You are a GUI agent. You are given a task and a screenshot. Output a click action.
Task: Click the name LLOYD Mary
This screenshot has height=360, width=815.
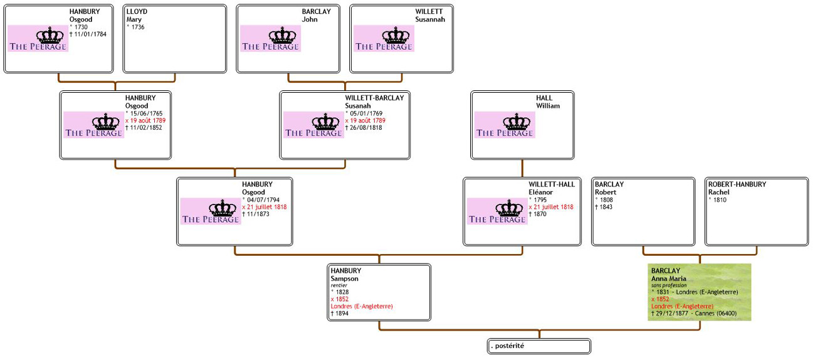tap(137, 16)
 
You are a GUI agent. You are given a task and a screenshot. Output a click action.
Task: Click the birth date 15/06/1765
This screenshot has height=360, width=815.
tap(145, 113)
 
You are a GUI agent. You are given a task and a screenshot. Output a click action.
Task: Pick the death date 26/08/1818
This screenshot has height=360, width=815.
tap(365, 128)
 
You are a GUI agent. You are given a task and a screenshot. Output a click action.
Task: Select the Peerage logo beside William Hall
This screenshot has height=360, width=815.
tap(505, 124)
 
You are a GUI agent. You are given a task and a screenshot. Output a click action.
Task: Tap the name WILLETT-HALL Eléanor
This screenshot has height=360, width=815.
tap(551, 188)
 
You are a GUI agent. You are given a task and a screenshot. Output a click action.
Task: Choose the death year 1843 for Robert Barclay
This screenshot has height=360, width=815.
tap(603, 207)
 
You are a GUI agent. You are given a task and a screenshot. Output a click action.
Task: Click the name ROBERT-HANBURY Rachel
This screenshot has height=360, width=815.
tap(737, 188)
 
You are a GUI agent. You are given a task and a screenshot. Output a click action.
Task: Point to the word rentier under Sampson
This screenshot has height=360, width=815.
tap(340, 285)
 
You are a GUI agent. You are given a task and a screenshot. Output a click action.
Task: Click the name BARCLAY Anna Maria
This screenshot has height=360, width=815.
tap(669, 275)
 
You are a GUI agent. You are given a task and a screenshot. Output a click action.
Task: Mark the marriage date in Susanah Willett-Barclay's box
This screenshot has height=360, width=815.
tap(365, 120)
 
